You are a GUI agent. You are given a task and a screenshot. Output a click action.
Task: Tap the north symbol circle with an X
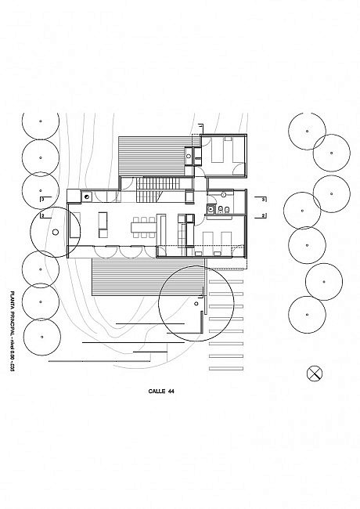[315, 373]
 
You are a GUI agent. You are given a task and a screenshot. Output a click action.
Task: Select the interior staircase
[149, 188]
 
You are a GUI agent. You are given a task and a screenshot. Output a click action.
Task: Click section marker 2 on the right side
[264, 215]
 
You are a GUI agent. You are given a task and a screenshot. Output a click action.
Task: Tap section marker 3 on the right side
[264, 199]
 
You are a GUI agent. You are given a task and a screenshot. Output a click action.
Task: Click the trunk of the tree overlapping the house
[56, 232]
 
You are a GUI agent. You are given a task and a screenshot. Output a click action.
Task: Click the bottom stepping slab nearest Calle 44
[226, 366]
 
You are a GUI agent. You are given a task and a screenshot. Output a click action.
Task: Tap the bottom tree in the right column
[307, 315]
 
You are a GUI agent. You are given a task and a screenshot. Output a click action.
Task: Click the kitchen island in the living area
[103, 226]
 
